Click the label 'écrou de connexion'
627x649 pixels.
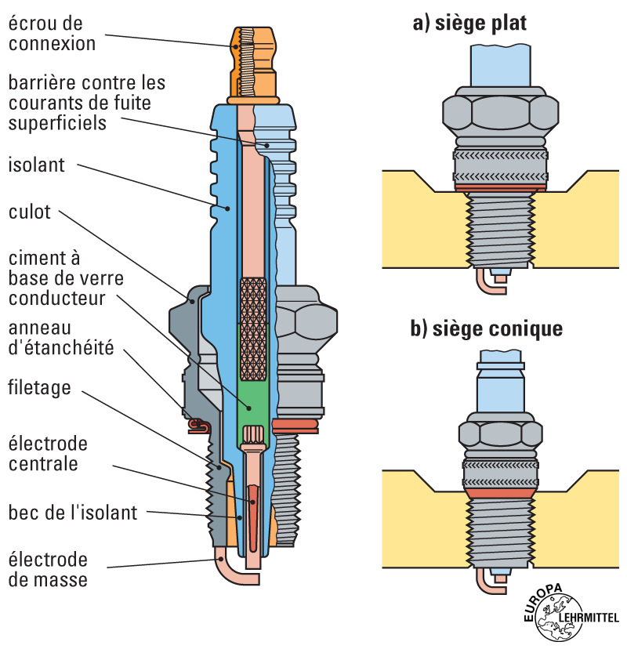click(52, 33)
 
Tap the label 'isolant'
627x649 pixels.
click(37, 165)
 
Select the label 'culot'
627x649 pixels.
click(30, 212)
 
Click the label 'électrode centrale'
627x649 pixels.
click(48, 454)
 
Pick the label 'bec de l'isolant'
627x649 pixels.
click(73, 513)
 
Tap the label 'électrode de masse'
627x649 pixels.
click(48, 570)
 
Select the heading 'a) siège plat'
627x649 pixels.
click(469, 24)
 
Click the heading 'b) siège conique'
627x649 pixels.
click(487, 328)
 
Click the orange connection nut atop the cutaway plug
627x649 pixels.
click(255, 63)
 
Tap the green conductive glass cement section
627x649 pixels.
click(253, 376)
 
